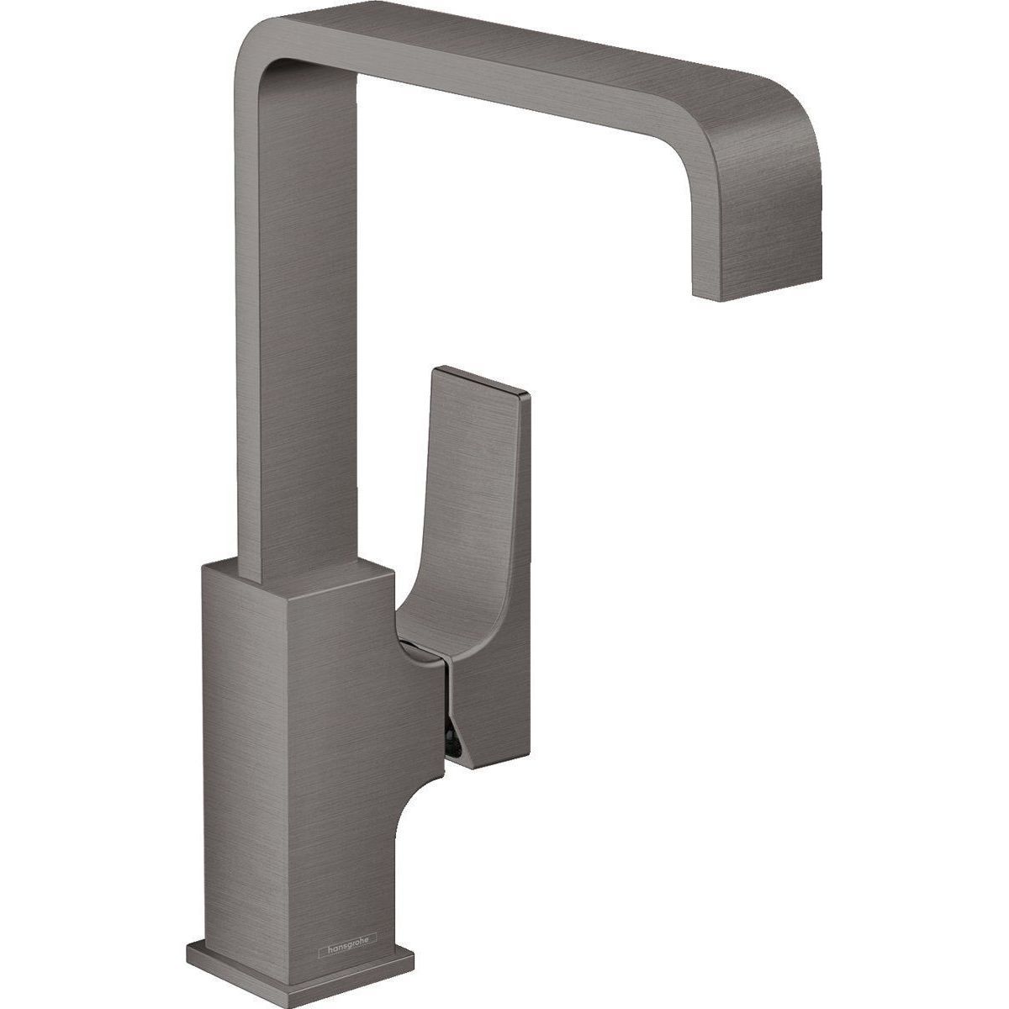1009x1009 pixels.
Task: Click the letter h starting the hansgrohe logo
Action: click(x=321, y=951)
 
